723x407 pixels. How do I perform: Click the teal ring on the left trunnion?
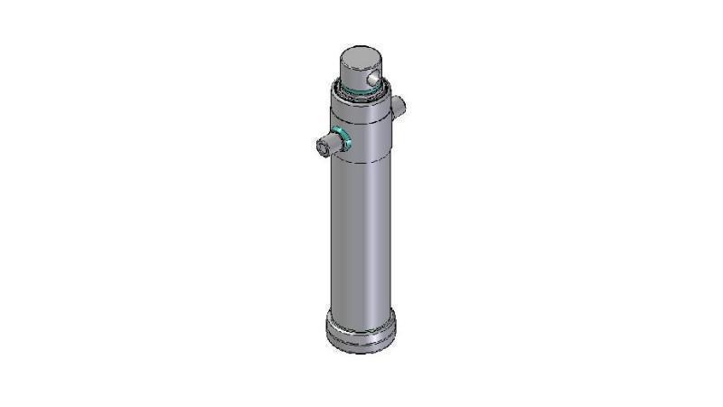coord(342,139)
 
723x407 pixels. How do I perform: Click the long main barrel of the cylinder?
coord(361,235)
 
